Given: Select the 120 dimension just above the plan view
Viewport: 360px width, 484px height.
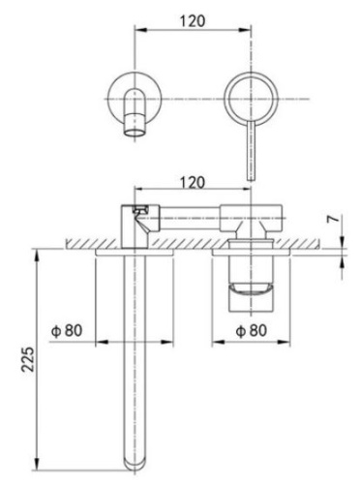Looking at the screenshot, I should coord(191,182).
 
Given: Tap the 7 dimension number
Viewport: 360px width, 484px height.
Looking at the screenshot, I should coord(334,221).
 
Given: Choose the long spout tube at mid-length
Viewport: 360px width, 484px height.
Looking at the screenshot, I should coord(133,358).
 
